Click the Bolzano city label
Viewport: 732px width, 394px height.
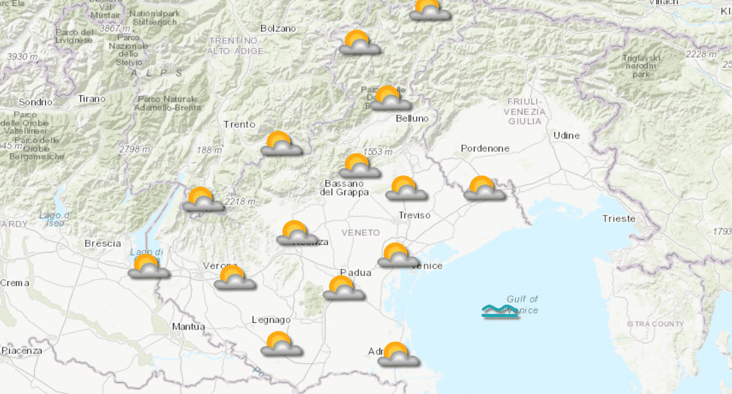(x=278, y=28)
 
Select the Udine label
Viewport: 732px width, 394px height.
(x=566, y=135)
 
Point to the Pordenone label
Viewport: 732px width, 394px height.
(x=485, y=148)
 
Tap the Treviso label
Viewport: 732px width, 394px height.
(x=414, y=215)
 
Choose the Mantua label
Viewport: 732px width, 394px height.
(x=187, y=326)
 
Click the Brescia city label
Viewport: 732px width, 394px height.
(x=103, y=243)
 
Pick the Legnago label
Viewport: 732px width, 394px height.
(x=271, y=320)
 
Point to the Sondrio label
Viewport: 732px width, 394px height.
(x=35, y=102)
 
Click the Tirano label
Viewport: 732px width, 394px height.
(x=91, y=98)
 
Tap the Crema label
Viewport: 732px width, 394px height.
(x=14, y=282)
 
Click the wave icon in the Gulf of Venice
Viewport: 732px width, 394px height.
(x=499, y=311)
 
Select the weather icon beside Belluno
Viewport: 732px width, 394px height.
(x=390, y=98)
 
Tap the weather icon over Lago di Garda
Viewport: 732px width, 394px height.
(x=148, y=267)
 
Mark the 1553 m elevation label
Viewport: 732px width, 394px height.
(x=378, y=152)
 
